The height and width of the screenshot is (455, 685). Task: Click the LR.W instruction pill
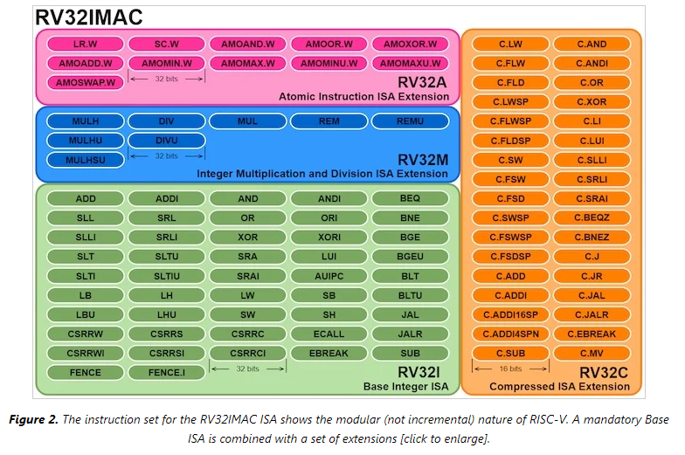pos(86,44)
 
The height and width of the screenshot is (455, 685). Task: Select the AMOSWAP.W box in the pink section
pos(86,82)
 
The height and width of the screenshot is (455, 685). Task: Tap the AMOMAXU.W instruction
pos(410,63)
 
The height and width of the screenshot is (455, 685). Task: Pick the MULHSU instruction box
pos(86,160)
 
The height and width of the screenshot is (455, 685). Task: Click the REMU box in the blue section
pos(410,121)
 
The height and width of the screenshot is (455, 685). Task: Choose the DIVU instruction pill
pos(166,141)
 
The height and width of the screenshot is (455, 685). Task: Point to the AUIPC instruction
pos(329,275)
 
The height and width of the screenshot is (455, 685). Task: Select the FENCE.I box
pos(166,372)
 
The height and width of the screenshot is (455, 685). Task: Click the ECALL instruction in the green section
pos(329,334)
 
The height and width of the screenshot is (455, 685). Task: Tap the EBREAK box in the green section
pos(329,353)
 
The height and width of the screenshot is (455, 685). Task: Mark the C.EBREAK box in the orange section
pos(592,334)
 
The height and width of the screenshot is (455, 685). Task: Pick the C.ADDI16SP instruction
pos(510,314)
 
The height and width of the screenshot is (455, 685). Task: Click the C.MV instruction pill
pos(592,353)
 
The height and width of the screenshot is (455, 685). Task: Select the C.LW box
pos(510,44)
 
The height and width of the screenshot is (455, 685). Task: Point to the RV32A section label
pos(423,83)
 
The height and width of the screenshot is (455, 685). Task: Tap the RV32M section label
pos(423,160)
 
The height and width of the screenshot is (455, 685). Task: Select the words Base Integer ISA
pos(405,386)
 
